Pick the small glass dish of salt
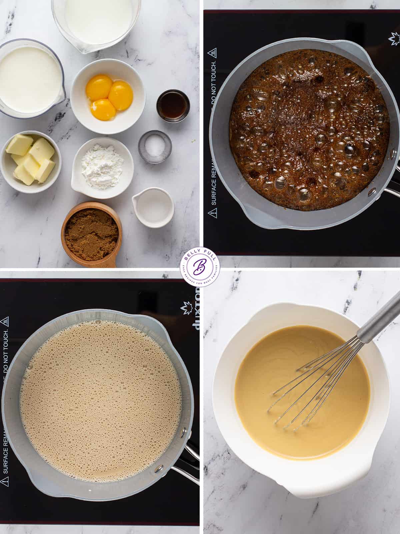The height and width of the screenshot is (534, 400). (155, 147)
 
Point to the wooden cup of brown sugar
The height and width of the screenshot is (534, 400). (91, 230)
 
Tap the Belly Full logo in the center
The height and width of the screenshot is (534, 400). (200, 267)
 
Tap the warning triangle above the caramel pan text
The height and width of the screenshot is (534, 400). (212, 53)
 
